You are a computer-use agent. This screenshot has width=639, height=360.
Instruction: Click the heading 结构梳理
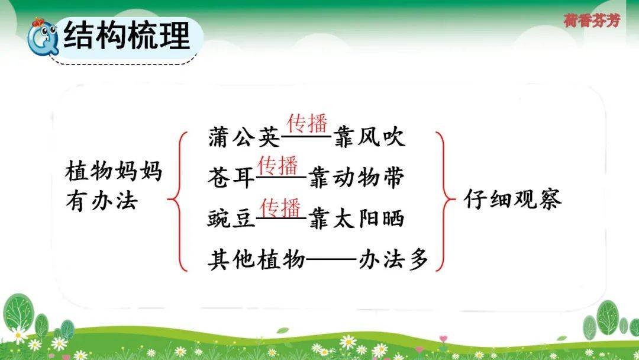click(127, 36)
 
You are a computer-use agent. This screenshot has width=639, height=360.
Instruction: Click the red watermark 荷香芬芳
click(592, 20)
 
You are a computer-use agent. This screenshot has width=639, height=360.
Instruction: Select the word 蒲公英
click(244, 137)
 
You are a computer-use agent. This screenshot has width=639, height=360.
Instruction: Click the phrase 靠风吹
click(369, 137)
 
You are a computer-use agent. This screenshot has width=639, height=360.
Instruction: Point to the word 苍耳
click(231, 178)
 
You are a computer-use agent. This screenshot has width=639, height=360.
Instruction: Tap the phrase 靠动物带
click(356, 178)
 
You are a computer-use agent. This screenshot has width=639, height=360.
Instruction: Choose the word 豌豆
click(231, 218)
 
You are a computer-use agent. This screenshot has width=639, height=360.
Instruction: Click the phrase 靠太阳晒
click(356, 218)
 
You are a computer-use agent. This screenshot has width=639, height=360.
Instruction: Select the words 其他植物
click(256, 259)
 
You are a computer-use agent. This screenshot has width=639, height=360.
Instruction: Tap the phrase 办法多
click(393, 259)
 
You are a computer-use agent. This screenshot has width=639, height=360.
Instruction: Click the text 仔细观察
click(512, 199)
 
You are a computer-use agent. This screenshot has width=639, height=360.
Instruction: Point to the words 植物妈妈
click(114, 171)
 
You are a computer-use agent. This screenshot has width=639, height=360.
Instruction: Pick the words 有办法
click(102, 201)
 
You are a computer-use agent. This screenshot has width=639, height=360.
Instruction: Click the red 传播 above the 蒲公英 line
click(307, 123)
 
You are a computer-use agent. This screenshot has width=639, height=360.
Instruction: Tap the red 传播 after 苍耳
click(277, 166)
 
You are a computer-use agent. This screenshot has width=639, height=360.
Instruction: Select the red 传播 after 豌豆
click(280, 207)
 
